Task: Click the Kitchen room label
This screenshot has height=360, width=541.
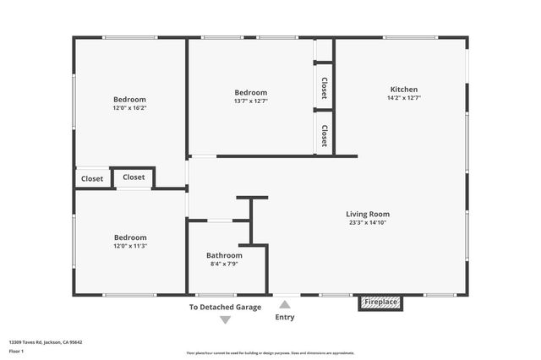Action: [403, 90]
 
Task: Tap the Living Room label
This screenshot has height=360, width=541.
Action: [368, 214]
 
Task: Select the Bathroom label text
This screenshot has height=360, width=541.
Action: [224, 255]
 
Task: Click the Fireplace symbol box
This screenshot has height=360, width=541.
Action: [380, 302]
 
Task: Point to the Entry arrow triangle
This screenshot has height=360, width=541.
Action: [285, 305]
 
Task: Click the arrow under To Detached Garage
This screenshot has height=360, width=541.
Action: [225, 319]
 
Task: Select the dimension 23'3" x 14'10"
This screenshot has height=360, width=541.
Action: [368, 223]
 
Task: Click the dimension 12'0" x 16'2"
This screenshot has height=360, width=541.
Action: [130, 108]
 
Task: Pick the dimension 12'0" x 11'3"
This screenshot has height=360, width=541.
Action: [130, 247]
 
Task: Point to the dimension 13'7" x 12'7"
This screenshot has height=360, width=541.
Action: [251, 101]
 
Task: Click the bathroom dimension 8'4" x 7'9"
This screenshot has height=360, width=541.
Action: [224, 264]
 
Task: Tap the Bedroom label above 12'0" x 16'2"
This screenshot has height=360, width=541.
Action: [130, 99]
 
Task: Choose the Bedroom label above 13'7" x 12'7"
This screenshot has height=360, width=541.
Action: [251, 92]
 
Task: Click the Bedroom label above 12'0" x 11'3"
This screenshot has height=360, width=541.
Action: [130, 237]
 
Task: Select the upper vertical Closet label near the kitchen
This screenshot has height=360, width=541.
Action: [324, 88]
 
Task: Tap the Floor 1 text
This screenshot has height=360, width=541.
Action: [17, 351]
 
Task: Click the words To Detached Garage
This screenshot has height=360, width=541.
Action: [225, 307]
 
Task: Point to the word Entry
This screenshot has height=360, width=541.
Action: [285, 318]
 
